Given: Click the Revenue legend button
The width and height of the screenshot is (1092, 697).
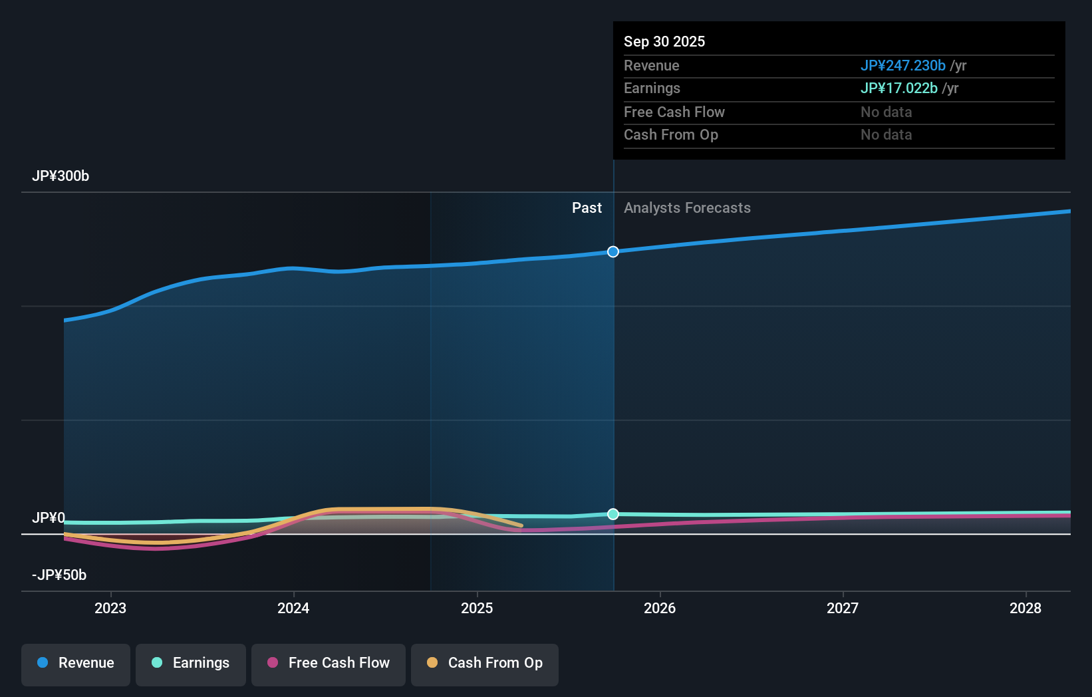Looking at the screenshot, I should tap(76, 663).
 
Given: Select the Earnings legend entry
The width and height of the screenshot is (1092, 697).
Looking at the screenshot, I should tap(191, 663).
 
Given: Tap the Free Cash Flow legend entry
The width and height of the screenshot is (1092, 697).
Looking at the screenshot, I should tap(329, 663).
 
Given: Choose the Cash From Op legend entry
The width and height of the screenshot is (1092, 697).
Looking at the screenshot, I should tap(485, 663).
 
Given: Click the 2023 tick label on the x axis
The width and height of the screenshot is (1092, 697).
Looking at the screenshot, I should tap(110, 608).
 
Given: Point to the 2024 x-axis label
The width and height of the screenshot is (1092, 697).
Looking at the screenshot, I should tap(293, 608).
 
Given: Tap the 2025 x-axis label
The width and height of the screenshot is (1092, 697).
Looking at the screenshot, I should tap(477, 608).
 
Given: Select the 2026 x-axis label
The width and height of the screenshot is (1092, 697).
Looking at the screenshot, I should tap(660, 608).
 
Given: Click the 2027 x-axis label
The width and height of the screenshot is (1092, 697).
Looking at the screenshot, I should tap(843, 608).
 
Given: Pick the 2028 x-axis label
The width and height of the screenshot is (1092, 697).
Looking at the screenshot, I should tap(1025, 608).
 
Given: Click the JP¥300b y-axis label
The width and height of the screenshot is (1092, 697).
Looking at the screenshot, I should tap(61, 176).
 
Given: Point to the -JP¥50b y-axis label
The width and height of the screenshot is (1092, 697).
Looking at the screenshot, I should tap(59, 575).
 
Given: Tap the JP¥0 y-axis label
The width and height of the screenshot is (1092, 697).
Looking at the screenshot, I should tap(49, 518).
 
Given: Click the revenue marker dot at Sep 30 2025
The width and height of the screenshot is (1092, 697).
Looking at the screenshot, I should tap(613, 251).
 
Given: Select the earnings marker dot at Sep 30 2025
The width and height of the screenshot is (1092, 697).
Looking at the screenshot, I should tap(613, 514).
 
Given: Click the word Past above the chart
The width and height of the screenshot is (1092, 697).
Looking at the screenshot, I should tap(587, 208).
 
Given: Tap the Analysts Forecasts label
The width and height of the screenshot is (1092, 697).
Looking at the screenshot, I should tap(687, 208).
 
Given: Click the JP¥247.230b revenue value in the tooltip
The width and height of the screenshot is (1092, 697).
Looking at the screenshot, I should tap(902, 66).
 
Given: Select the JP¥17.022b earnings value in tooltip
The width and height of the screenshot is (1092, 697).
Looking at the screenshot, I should tap(898, 88).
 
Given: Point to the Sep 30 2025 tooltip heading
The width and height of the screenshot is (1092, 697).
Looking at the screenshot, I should tap(664, 42).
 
